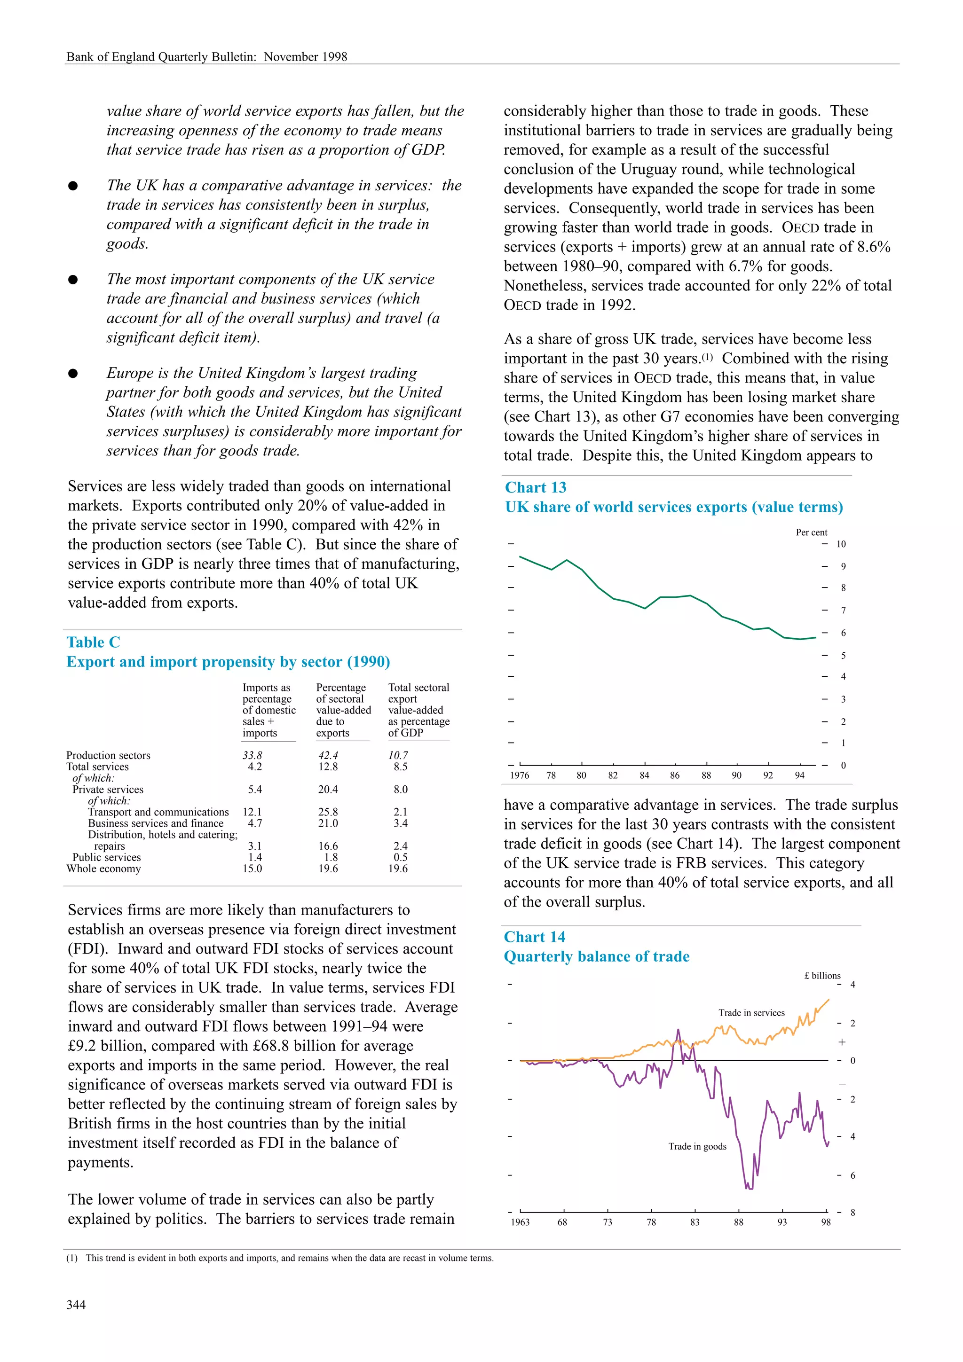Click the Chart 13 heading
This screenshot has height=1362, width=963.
(x=535, y=488)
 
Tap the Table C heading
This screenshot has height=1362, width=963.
(x=93, y=642)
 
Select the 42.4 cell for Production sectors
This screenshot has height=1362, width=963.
(x=328, y=755)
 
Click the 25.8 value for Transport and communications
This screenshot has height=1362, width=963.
(x=328, y=812)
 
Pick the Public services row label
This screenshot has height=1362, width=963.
(x=106, y=857)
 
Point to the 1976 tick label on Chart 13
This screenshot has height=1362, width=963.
(x=520, y=775)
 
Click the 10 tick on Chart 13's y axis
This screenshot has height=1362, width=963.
(x=841, y=544)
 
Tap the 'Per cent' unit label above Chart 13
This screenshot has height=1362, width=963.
(x=811, y=532)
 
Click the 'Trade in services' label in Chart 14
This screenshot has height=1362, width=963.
(x=751, y=1013)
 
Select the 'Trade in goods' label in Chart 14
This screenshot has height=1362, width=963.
(x=697, y=1146)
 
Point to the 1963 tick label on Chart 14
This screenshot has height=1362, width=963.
(x=520, y=1222)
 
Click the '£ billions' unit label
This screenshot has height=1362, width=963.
(x=822, y=975)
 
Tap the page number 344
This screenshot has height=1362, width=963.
(x=76, y=1305)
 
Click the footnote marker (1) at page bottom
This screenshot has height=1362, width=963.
(x=72, y=1258)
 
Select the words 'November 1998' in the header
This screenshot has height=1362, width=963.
(x=306, y=57)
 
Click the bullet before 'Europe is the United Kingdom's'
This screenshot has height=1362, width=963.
(x=73, y=373)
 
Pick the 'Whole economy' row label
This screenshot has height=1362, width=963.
(x=103, y=869)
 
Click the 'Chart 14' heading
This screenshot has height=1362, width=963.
(x=534, y=937)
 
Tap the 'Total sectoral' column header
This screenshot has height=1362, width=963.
(x=418, y=688)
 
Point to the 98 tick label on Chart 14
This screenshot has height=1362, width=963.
(x=825, y=1222)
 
